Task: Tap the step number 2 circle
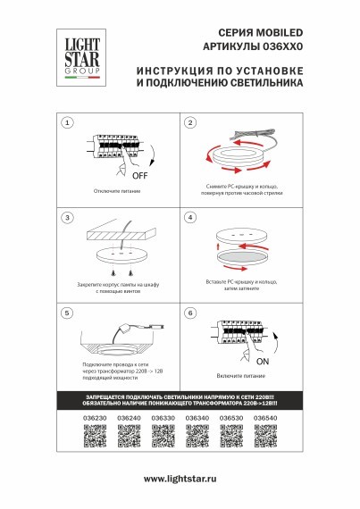[x=189, y=122]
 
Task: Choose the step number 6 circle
[x=189, y=313]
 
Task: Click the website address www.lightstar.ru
[x=180, y=480]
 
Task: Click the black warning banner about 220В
[x=180, y=398]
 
